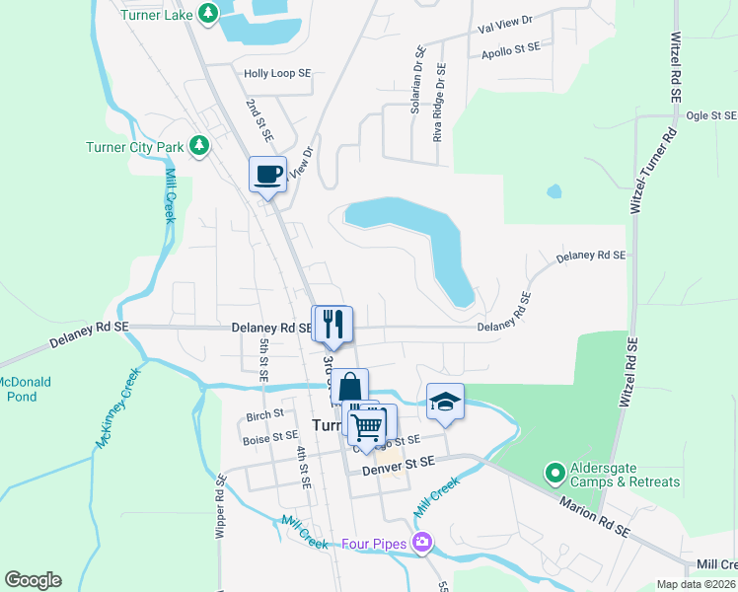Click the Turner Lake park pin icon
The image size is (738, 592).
point(207,13)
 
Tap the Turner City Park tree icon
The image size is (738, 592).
point(199,147)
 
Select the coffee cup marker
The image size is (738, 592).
point(268,175)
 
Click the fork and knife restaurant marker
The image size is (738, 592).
point(332,323)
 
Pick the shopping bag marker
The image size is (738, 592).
point(349,387)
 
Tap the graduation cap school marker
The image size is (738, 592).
point(445,402)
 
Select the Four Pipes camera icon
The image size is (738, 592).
point(423,543)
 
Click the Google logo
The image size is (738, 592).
point(33,580)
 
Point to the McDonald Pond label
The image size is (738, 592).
point(24,389)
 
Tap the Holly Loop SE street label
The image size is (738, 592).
point(277,73)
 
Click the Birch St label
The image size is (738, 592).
point(265,414)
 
